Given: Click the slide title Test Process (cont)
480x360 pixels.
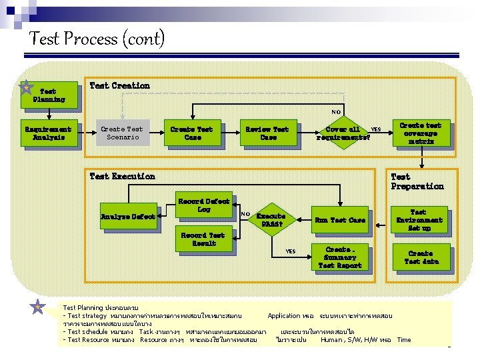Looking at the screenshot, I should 97,39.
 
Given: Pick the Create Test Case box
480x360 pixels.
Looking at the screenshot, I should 192,133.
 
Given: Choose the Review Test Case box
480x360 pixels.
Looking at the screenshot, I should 267,133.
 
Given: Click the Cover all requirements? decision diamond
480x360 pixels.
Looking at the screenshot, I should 342,133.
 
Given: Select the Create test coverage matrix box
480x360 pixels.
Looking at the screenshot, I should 420,133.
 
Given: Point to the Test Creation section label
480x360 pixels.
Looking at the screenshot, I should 119,85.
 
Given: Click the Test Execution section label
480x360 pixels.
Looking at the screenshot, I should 122,176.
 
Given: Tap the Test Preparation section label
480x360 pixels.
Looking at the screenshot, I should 417,181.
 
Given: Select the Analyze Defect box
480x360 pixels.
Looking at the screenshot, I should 128,217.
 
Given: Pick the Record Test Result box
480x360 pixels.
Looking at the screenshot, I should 203,239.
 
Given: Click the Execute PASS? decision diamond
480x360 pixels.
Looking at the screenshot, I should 271,220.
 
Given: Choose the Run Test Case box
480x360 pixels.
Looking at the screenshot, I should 340,220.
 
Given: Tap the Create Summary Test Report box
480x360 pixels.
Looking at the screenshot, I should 340,257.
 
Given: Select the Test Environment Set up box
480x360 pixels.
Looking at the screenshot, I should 419,220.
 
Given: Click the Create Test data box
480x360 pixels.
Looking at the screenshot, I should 420,257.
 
